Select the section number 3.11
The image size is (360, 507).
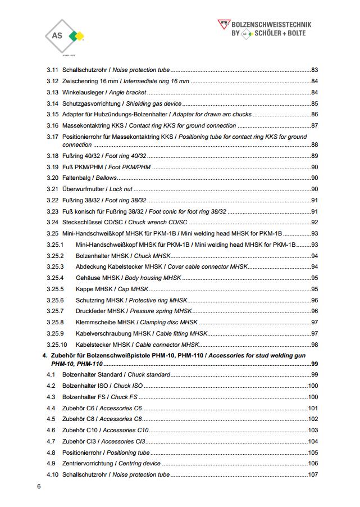[x=52, y=70]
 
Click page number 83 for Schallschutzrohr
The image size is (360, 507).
[x=315, y=70]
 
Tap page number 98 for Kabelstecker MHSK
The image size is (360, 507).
[x=315, y=345]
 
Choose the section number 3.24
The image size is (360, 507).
[x=52, y=222]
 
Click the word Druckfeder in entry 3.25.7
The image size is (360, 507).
[x=91, y=311]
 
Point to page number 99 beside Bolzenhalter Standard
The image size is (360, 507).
[x=315, y=374]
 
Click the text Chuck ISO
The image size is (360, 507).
[x=128, y=386]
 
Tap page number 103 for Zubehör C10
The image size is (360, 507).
[x=313, y=430]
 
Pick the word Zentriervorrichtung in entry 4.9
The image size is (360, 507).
[x=87, y=464]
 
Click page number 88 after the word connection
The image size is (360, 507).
[x=315, y=144]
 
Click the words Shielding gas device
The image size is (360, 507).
[x=153, y=103]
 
